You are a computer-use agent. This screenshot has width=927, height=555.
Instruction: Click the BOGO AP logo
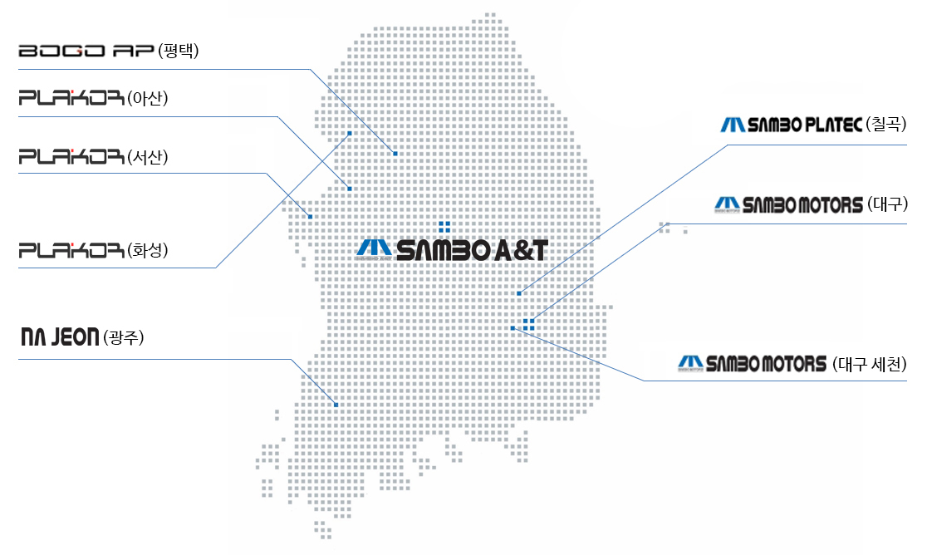click(x=86, y=52)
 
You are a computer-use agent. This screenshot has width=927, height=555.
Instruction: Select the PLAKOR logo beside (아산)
click(x=71, y=100)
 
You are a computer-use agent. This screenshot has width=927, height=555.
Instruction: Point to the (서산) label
click(x=148, y=156)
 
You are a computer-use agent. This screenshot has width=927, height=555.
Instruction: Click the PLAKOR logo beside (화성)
click(x=71, y=249)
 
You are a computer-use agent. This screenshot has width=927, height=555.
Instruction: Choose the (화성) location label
click(x=148, y=249)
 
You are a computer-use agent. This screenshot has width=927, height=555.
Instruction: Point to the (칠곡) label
click(x=885, y=125)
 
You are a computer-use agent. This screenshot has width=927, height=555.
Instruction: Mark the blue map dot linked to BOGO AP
click(x=395, y=154)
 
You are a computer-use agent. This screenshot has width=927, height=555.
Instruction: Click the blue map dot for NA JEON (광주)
click(x=336, y=405)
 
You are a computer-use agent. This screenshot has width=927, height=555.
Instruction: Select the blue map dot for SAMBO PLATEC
click(x=519, y=293)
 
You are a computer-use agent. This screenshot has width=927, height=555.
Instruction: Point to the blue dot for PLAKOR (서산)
click(x=310, y=217)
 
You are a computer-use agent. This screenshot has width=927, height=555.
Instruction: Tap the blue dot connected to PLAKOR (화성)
click(x=350, y=133)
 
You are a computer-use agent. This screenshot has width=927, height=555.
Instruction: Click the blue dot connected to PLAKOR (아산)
click(x=350, y=189)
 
